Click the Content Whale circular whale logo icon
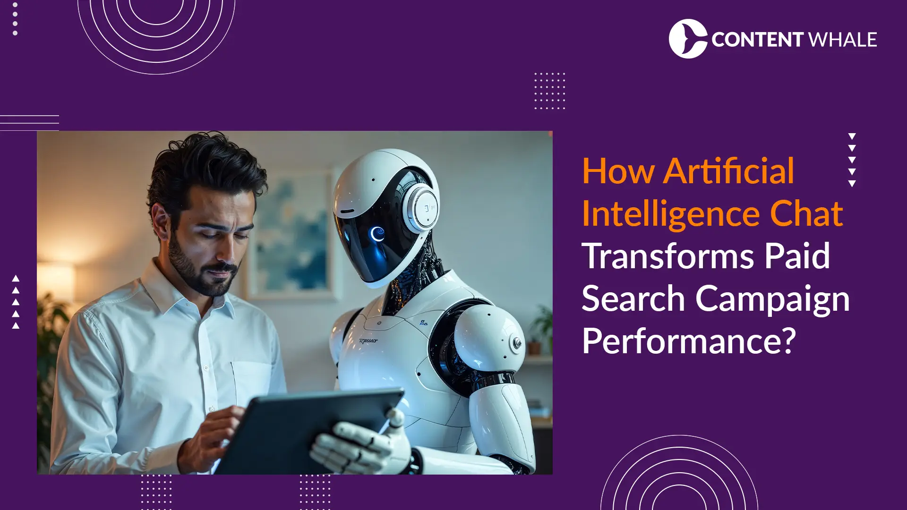[x=688, y=39]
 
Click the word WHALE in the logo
[x=843, y=40]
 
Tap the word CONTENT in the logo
[x=757, y=40]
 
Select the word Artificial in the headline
[x=728, y=171]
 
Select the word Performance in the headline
[x=682, y=341]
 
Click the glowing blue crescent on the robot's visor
[x=377, y=234]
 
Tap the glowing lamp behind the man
[x=56, y=279]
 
